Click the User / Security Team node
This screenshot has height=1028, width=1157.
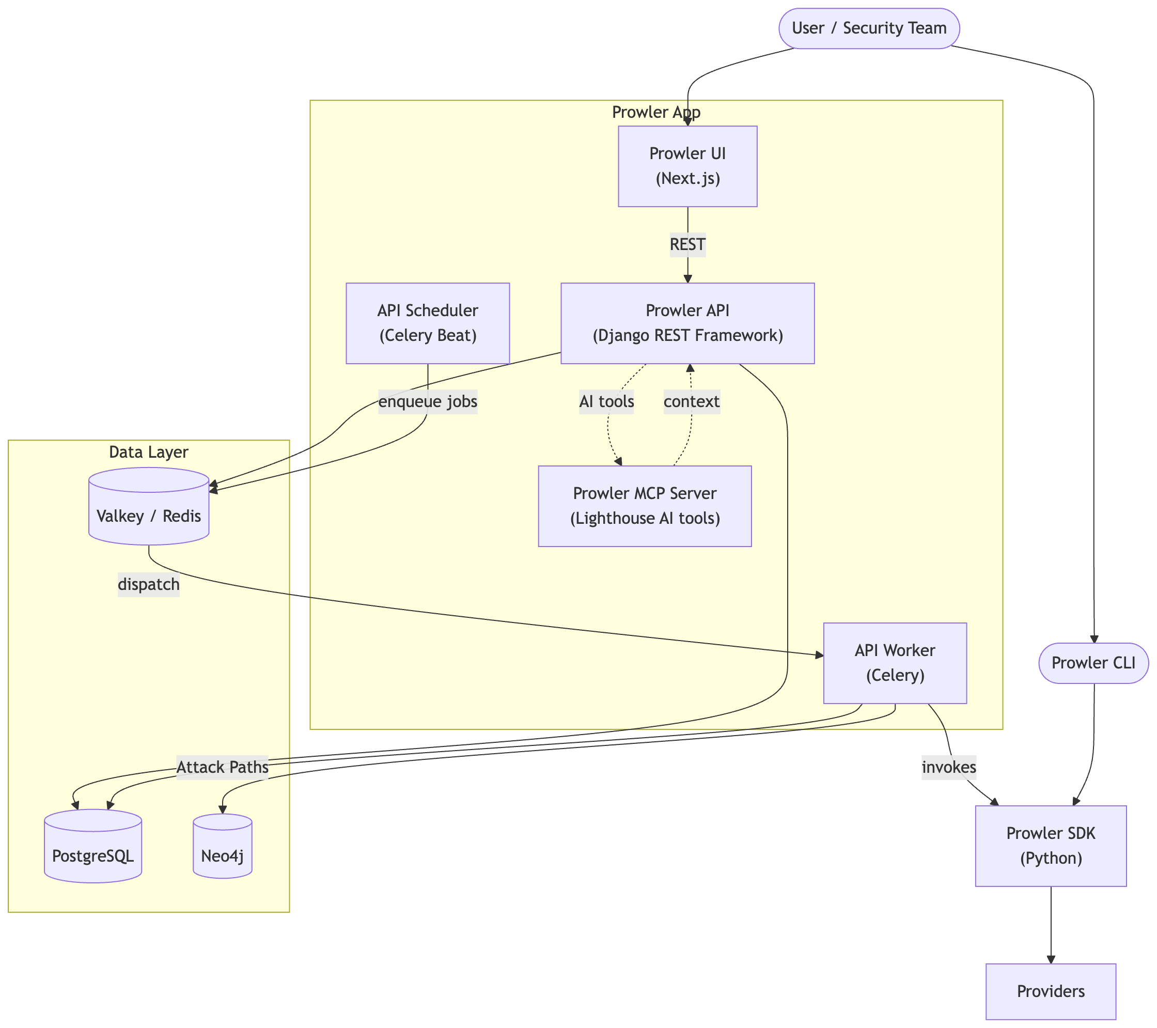[x=869, y=28]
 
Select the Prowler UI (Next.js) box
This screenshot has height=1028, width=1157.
[x=687, y=166]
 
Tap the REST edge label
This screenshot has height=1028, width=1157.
[x=687, y=244]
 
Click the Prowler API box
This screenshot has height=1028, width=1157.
[x=687, y=323]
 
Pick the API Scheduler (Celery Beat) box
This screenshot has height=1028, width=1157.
[x=427, y=323]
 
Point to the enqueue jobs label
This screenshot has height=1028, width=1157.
[x=427, y=402]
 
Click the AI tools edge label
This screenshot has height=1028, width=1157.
[x=606, y=402]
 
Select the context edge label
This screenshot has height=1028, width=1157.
[x=691, y=402]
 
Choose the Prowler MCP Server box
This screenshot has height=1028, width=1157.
[x=645, y=506]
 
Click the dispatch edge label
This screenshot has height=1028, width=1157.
[x=148, y=584]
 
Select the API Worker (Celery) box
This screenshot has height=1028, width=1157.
[x=895, y=663]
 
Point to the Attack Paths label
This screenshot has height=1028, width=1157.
[x=223, y=767]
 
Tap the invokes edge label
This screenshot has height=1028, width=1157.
[x=949, y=767]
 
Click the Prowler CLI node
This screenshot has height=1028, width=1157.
[x=1093, y=663]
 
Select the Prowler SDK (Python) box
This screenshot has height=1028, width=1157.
[x=1051, y=846]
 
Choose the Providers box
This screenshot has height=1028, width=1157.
[x=1051, y=991]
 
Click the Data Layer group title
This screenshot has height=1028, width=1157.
[x=148, y=451]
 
